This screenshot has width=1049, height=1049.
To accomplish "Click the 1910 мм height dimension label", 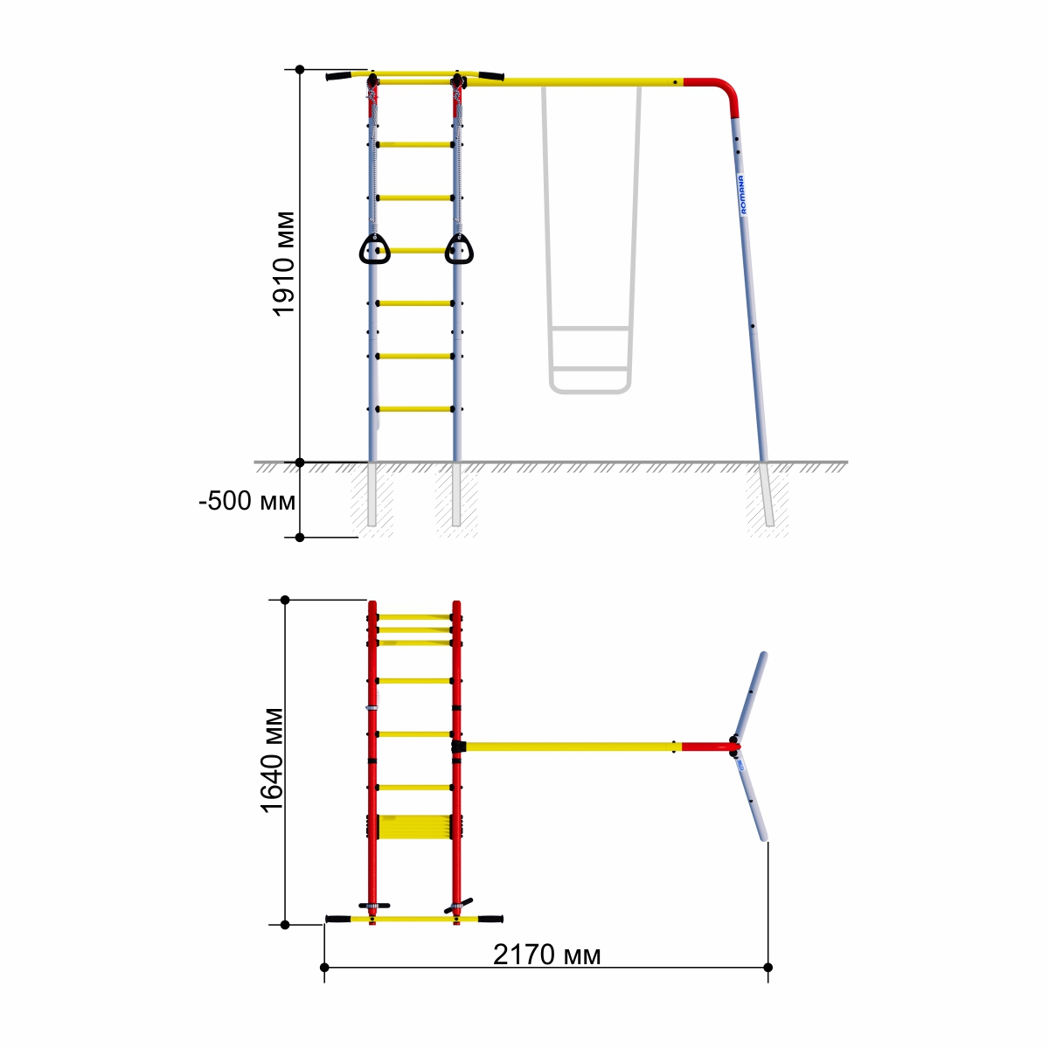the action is pyautogui.click(x=283, y=263).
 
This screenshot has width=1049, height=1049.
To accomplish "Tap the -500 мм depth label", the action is pyautogui.click(x=247, y=501).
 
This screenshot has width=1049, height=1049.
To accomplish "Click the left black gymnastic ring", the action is pyautogui.click(x=374, y=249).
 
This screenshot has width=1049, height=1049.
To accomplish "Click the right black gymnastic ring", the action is pyautogui.click(x=459, y=249).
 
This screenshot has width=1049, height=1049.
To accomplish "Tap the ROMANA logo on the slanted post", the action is pyautogui.click(x=742, y=194).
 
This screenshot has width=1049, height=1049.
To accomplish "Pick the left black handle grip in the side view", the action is pyautogui.click(x=338, y=76).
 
